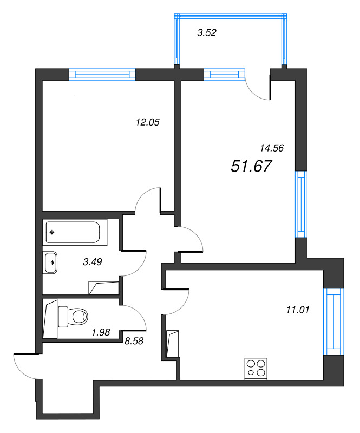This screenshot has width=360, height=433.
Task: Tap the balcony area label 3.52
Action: [207, 33]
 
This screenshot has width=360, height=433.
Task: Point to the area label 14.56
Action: [272, 147]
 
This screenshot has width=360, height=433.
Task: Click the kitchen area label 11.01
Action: [297, 310]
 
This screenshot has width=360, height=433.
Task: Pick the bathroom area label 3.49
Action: [93, 262]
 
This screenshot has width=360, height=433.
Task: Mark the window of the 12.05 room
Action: [102, 74]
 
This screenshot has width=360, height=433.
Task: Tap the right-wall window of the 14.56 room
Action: [300, 205]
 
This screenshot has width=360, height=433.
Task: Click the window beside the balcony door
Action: [224, 74]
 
